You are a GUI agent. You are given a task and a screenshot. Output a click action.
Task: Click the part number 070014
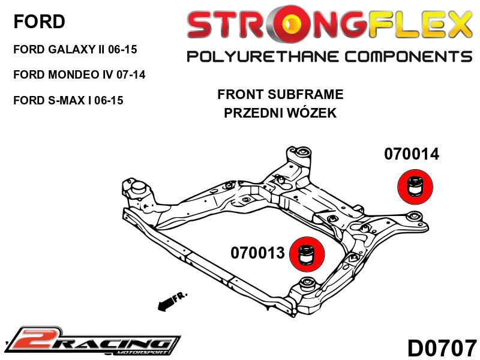pos(412,154)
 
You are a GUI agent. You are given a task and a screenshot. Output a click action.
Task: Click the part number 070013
pos(258,253)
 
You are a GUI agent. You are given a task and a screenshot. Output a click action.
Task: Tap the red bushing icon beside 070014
pos(415,187)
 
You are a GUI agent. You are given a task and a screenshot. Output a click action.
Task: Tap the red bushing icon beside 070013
pos(307,254)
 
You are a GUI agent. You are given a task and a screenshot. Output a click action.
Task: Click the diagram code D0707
pos(442,348)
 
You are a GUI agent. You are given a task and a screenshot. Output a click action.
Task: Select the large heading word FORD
pos(39,22)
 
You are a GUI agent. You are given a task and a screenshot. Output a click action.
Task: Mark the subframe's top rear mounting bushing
pos(304,151)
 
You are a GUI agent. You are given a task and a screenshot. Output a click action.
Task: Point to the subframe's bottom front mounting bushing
pos(308,283)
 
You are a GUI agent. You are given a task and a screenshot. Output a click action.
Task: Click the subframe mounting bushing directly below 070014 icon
pos(414,217)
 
